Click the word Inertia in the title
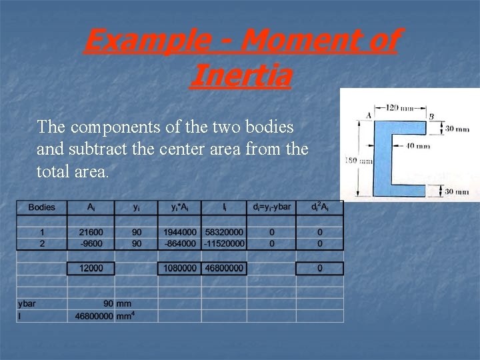click(x=241, y=75)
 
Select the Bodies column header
click(x=42, y=207)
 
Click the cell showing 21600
click(x=91, y=231)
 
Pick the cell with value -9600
click(x=91, y=244)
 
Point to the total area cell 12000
click(x=91, y=268)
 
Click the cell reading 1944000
click(x=179, y=231)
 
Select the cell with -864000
click(x=179, y=244)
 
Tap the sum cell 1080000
click(x=179, y=268)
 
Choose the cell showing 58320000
click(x=225, y=231)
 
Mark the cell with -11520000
click(x=225, y=244)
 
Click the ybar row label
click(x=27, y=303)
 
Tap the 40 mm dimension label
click(x=418, y=146)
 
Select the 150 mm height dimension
click(x=351, y=160)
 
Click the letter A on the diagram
click(x=369, y=115)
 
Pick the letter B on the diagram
click(x=432, y=116)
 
